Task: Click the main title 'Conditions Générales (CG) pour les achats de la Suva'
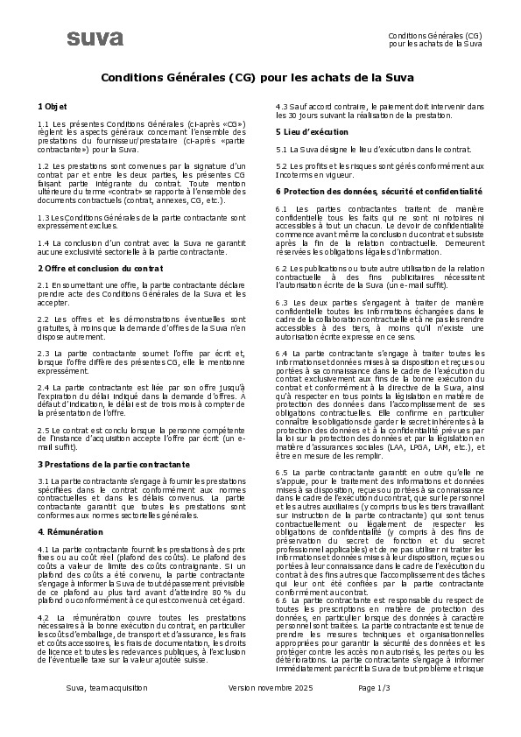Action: click(260, 77)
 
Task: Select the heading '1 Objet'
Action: click(52, 105)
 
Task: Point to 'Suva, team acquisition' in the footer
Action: click(107, 689)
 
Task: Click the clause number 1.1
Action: click(44, 124)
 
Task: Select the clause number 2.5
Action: click(44, 432)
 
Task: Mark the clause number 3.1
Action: click(44, 481)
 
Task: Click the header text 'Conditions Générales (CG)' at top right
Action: click(435, 34)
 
